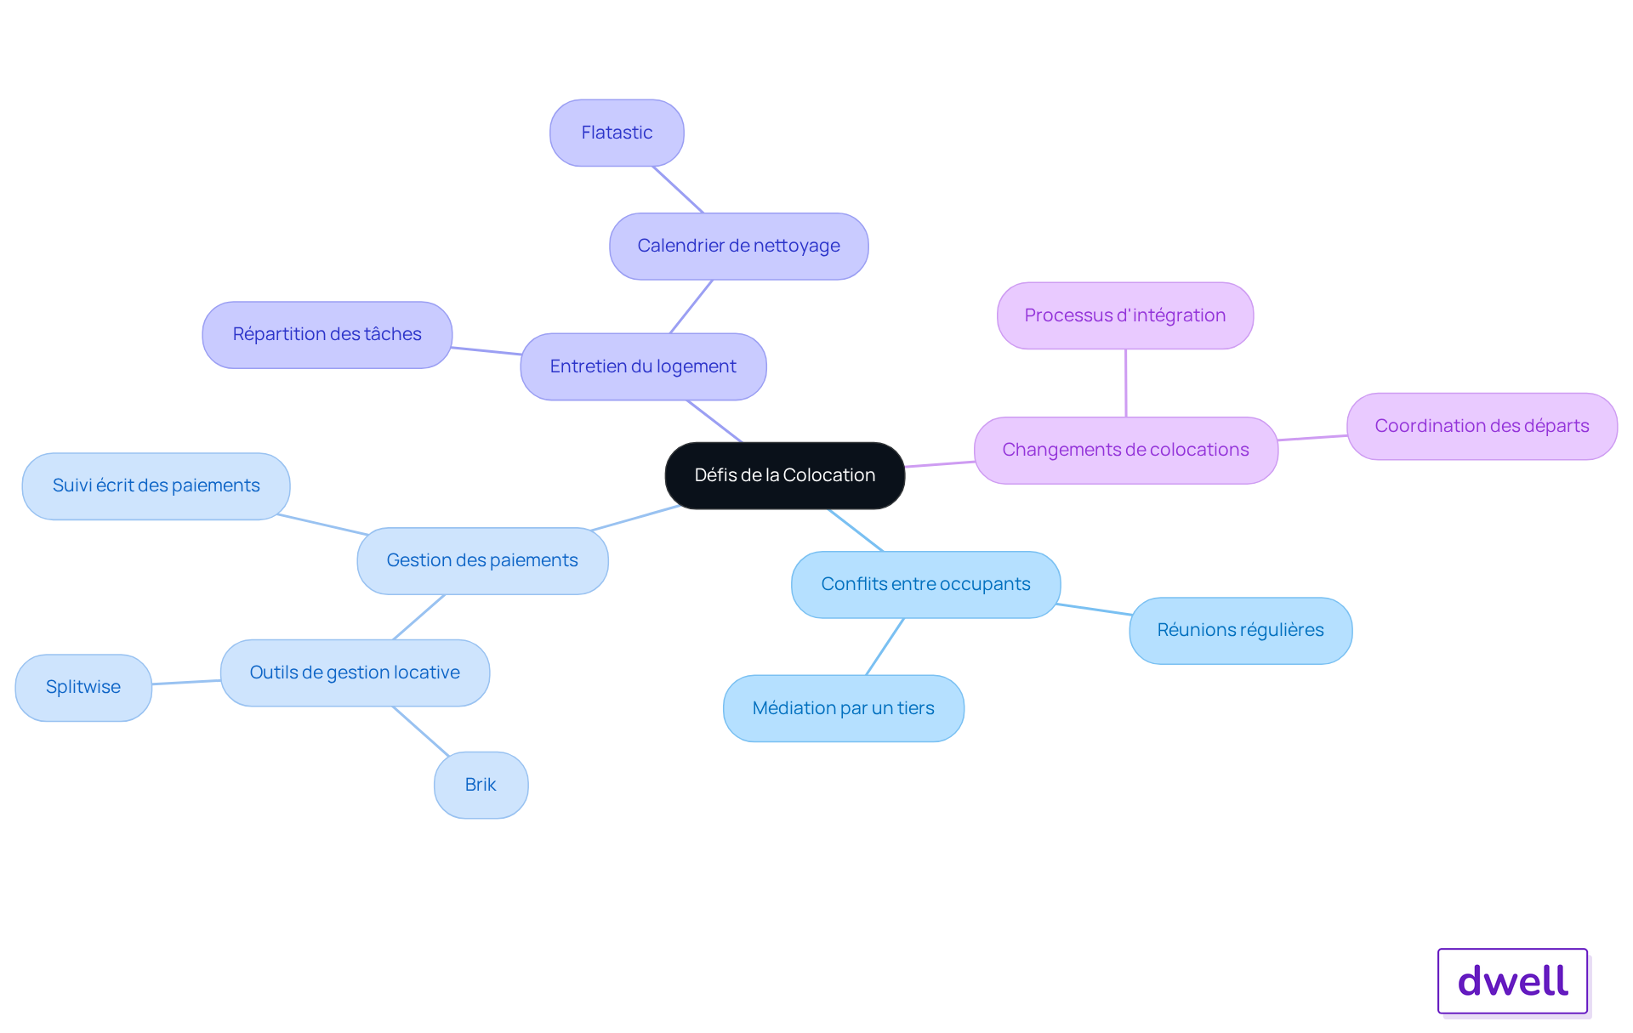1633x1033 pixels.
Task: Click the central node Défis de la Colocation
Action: [x=784, y=475]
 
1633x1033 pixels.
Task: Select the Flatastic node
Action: [x=617, y=133]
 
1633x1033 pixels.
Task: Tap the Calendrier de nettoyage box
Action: [x=738, y=247]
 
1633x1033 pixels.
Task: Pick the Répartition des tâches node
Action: [x=327, y=335]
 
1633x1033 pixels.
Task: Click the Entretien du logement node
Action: [x=643, y=366]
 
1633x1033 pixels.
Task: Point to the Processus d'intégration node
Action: [x=1125, y=315]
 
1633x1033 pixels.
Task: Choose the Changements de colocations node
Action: [x=1126, y=451]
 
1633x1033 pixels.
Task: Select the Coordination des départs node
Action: [x=1482, y=426]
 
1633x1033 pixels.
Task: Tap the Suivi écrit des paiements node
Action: [x=156, y=486]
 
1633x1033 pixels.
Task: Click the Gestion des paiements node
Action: [x=482, y=561]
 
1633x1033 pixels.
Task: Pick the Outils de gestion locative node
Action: [x=355, y=673]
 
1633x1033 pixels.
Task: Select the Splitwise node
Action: [x=83, y=688]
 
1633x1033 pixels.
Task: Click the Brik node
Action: [x=481, y=785]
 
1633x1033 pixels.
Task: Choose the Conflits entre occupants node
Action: [x=925, y=585]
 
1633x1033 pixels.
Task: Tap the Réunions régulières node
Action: [x=1240, y=631]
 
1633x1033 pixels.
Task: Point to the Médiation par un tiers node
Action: [x=844, y=708]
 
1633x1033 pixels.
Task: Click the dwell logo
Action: [x=1512, y=981]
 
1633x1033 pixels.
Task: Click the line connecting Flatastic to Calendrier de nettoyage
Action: [x=678, y=190]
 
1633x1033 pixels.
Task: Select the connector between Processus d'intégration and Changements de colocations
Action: [x=1126, y=383]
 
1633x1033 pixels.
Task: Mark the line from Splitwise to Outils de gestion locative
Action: [x=186, y=682]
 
